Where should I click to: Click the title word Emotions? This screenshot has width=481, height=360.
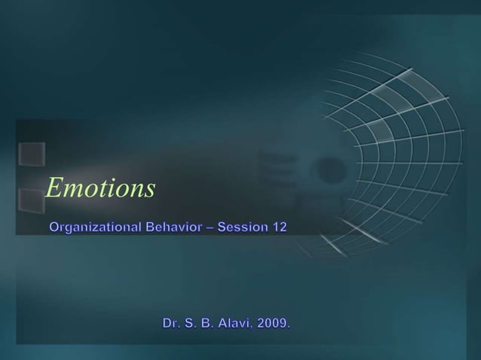point(100,188)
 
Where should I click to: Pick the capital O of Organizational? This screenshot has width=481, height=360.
point(55,226)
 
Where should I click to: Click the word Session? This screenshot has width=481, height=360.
point(243,226)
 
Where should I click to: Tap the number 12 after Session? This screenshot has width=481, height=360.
point(279,226)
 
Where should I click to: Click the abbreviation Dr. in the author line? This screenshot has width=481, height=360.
point(171,323)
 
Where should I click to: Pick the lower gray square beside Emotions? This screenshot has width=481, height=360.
point(30,200)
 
